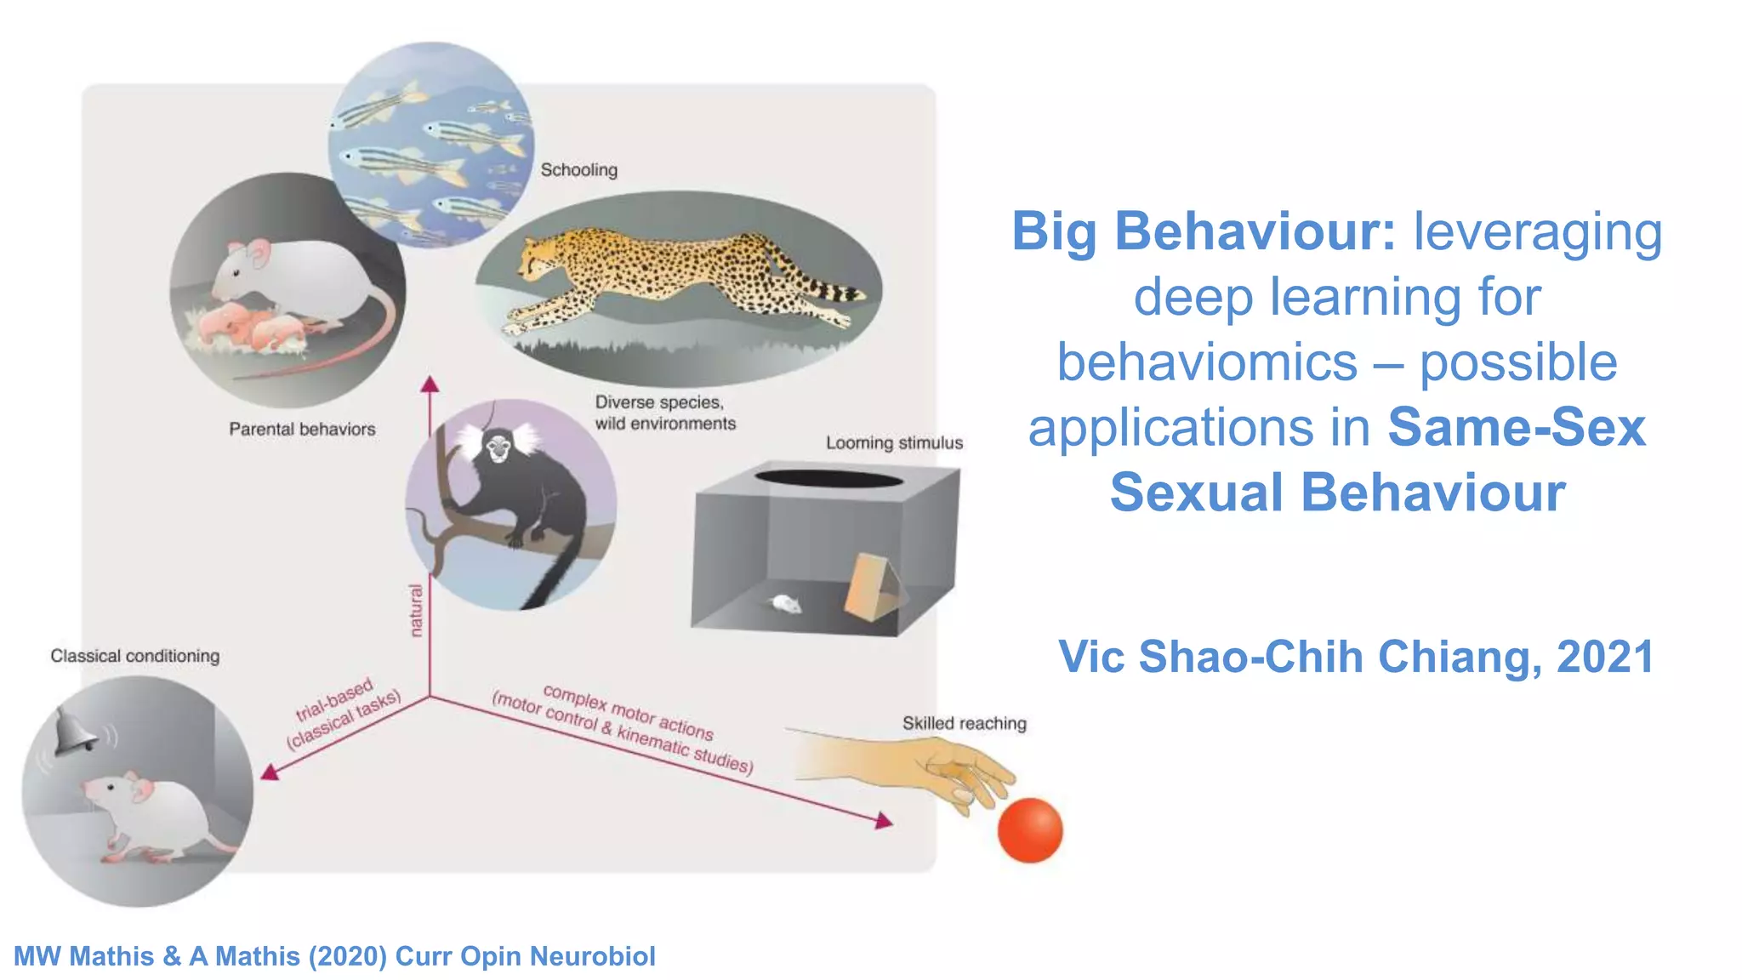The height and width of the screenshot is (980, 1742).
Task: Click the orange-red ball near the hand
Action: pyautogui.click(x=1029, y=830)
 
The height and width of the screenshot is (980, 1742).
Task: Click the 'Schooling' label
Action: pyautogui.click(x=579, y=170)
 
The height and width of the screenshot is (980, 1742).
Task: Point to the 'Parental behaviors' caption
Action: pyautogui.click(x=302, y=430)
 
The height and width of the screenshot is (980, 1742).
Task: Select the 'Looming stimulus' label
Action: pyautogui.click(x=894, y=443)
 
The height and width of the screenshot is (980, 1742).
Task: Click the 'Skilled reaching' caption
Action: pyautogui.click(x=964, y=724)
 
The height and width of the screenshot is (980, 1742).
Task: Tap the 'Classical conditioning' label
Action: pyautogui.click(x=134, y=656)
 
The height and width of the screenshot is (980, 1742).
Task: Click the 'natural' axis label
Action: pyautogui.click(x=416, y=610)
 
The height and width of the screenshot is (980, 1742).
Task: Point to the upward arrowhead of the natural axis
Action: pyautogui.click(x=430, y=385)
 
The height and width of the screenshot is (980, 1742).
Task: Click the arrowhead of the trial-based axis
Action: pyautogui.click(x=270, y=772)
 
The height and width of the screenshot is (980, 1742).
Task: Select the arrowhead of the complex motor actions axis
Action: pyautogui.click(x=884, y=820)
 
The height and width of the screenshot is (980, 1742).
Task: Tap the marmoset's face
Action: pyautogui.click(x=497, y=447)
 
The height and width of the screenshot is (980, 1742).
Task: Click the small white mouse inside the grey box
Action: pyautogui.click(x=785, y=604)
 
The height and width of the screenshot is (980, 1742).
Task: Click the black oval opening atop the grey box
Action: pyautogui.click(x=828, y=478)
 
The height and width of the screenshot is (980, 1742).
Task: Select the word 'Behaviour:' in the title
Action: pyautogui.click(x=1255, y=231)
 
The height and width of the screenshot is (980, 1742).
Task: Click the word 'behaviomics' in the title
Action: pyautogui.click(x=1207, y=362)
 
